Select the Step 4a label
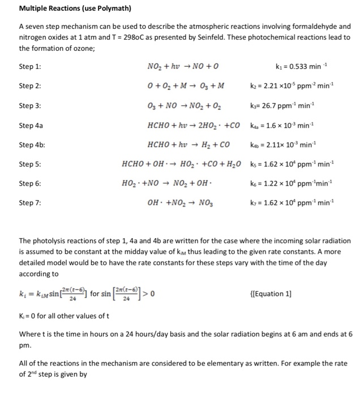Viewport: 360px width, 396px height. coord(30,126)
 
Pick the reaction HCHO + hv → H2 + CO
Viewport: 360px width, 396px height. coord(187,145)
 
